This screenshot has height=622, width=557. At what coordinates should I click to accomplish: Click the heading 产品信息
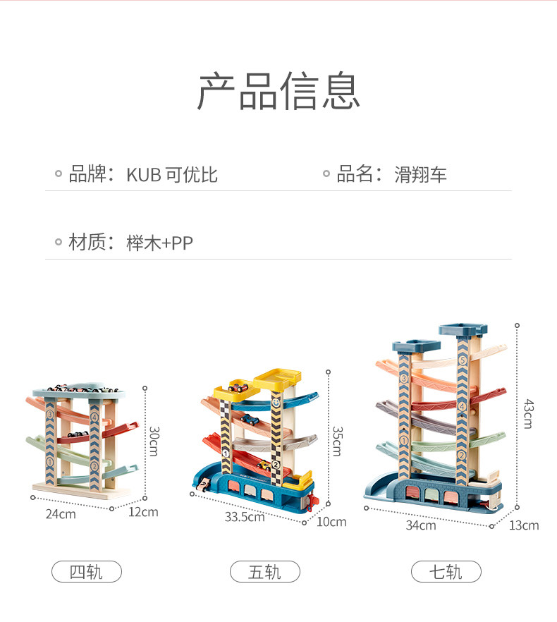pos(278,91)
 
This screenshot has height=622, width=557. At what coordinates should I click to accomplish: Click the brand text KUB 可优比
pos(172,175)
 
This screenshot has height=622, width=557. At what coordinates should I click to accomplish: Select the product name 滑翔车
pos(420,175)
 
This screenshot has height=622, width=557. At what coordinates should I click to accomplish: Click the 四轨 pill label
pos(86,571)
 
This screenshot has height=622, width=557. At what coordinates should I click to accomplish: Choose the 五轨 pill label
pos(264,571)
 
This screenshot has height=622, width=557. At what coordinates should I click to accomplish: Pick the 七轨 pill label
pos(446,571)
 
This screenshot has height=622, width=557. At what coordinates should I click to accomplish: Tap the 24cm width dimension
pos(61,514)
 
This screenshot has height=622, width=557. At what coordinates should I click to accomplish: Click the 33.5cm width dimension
pos(244,517)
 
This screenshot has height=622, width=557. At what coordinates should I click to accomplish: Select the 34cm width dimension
pos(421,525)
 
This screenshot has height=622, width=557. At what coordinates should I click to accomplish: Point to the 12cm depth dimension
pos(143,512)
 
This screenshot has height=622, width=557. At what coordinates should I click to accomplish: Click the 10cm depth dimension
pos(331,522)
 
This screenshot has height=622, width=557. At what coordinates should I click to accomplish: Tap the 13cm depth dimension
pos(524,525)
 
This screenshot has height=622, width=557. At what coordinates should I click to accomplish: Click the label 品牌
pos(87,174)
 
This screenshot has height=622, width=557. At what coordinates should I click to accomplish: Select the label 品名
pos(355,174)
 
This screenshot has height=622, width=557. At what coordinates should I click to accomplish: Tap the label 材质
pos(87,243)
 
